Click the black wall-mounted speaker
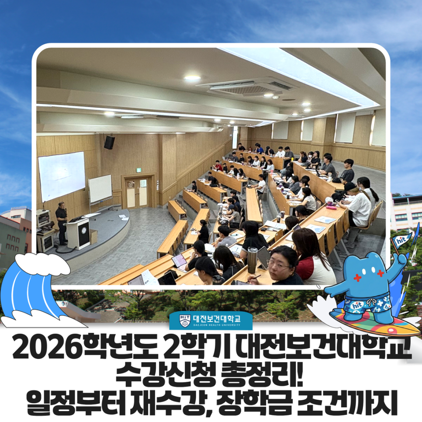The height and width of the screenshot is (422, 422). point(109,142)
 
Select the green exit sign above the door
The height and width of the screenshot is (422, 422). point(138,170)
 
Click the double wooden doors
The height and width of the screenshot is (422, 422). point(137,192)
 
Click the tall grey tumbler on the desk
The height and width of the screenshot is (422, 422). point(253,260)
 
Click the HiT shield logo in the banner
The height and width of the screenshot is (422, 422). point(185,321)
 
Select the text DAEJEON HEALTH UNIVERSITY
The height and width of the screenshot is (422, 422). point(217,325)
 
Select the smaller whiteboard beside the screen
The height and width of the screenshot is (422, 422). point(100,189)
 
